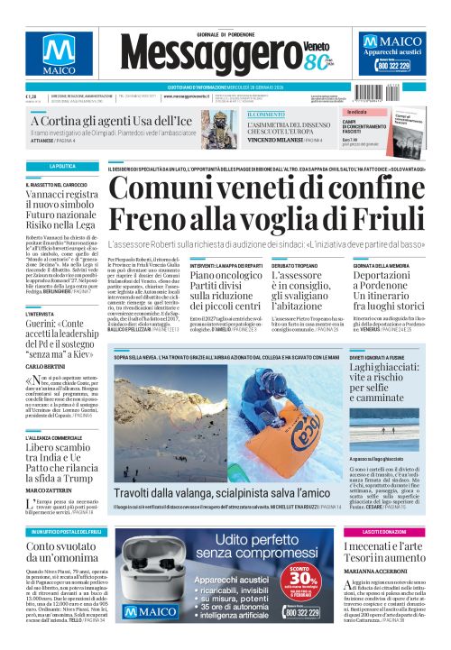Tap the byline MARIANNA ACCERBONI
(x=387, y=570)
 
